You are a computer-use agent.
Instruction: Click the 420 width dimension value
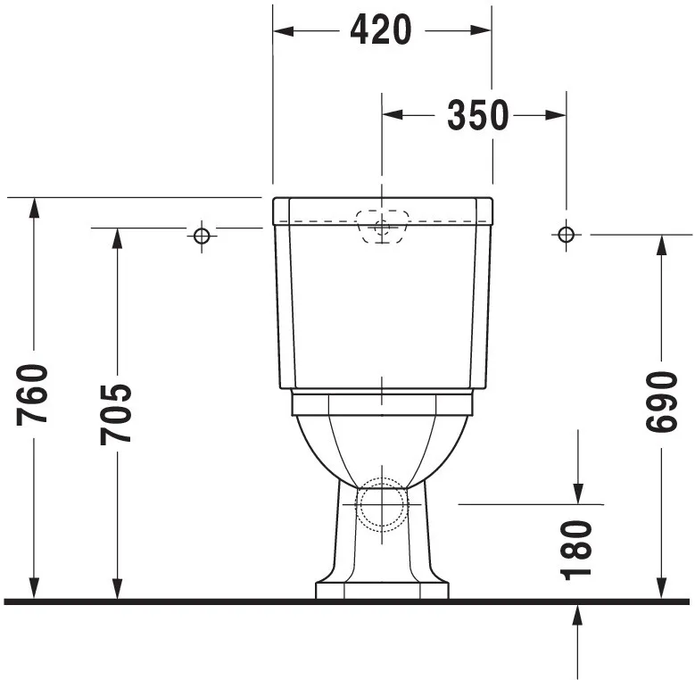tap(381, 30)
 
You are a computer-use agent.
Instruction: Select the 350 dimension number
tap(478, 115)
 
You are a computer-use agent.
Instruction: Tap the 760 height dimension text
tap(33, 395)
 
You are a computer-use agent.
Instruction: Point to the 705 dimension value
tap(115, 413)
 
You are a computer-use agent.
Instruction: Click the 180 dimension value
tap(578, 550)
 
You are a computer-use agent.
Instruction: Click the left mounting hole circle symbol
tap(202, 235)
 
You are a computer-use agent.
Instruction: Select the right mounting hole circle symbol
tap(565, 234)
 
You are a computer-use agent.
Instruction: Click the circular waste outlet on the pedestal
tap(382, 504)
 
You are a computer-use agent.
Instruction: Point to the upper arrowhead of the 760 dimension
tap(34, 208)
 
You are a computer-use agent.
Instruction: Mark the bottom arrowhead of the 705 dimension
tap(116, 588)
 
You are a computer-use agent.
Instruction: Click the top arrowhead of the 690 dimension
tap(661, 246)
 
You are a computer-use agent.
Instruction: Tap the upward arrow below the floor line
tap(578, 616)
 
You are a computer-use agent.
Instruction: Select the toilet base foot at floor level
tap(382, 590)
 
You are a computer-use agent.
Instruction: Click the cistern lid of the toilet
tap(382, 209)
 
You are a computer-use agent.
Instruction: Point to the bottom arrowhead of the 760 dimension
tap(34, 588)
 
